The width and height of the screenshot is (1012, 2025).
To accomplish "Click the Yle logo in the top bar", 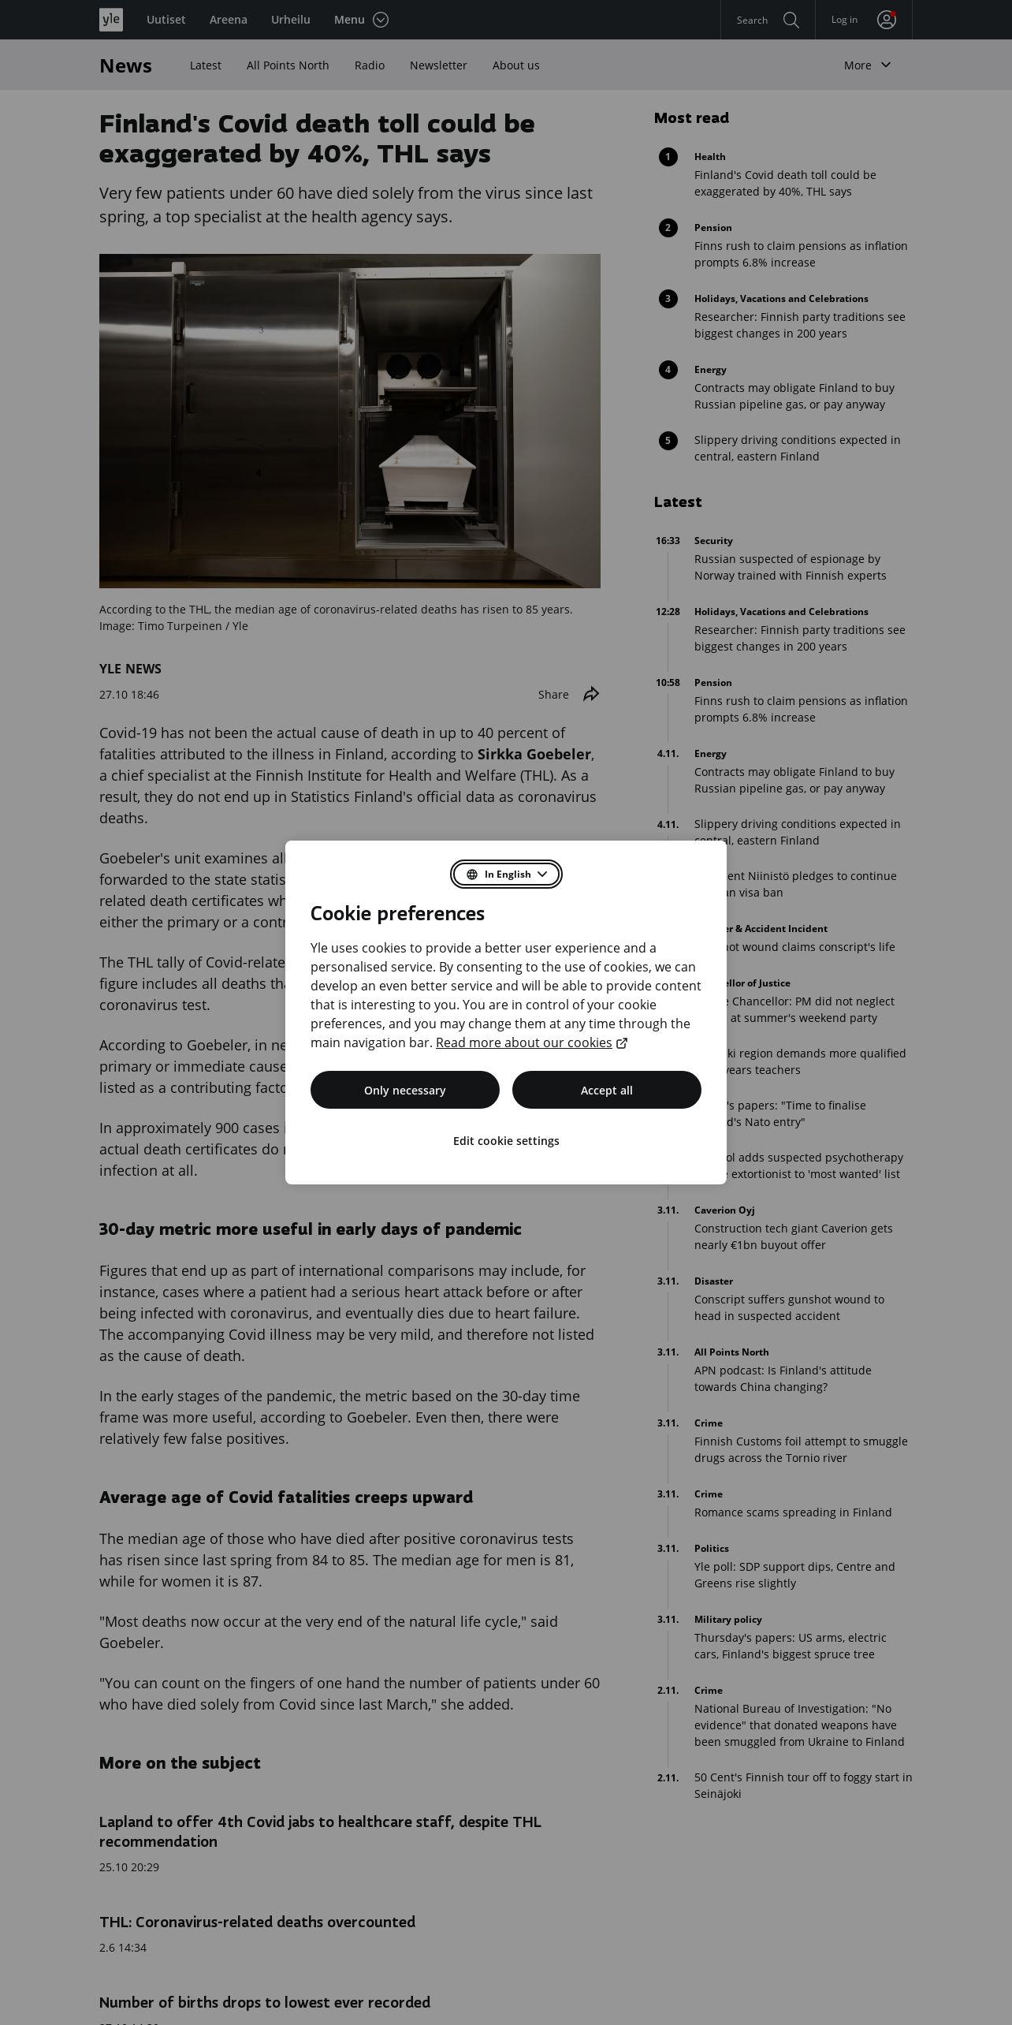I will [111, 20].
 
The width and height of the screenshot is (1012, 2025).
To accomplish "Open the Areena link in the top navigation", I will [229, 20].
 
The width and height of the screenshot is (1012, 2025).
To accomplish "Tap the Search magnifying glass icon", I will [791, 20].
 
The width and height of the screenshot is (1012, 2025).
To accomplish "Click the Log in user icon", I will [887, 20].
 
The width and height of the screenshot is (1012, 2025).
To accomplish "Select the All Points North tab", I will [288, 65].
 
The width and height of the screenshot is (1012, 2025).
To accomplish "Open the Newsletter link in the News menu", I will [438, 65].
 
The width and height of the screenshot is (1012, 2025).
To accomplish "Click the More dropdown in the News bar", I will [867, 65].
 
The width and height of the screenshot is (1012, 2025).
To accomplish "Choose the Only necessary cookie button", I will [405, 1090].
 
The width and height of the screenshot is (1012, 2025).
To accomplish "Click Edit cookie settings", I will [506, 1141].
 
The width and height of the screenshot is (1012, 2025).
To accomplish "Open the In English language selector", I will [506, 875].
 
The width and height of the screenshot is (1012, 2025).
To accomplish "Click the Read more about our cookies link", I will [524, 1042].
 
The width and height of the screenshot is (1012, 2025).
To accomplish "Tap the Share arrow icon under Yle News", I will [591, 694].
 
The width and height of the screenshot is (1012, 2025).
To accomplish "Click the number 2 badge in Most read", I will [668, 228].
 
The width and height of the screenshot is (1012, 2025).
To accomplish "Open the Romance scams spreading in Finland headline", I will [793, 1512].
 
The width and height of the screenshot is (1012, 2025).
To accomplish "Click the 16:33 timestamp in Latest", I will [668, 541].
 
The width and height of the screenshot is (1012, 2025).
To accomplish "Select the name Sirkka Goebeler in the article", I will [534, 755].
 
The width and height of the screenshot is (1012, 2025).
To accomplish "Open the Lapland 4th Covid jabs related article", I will [320, 1831].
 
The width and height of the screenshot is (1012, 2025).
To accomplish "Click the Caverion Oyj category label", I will [724, 1210].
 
